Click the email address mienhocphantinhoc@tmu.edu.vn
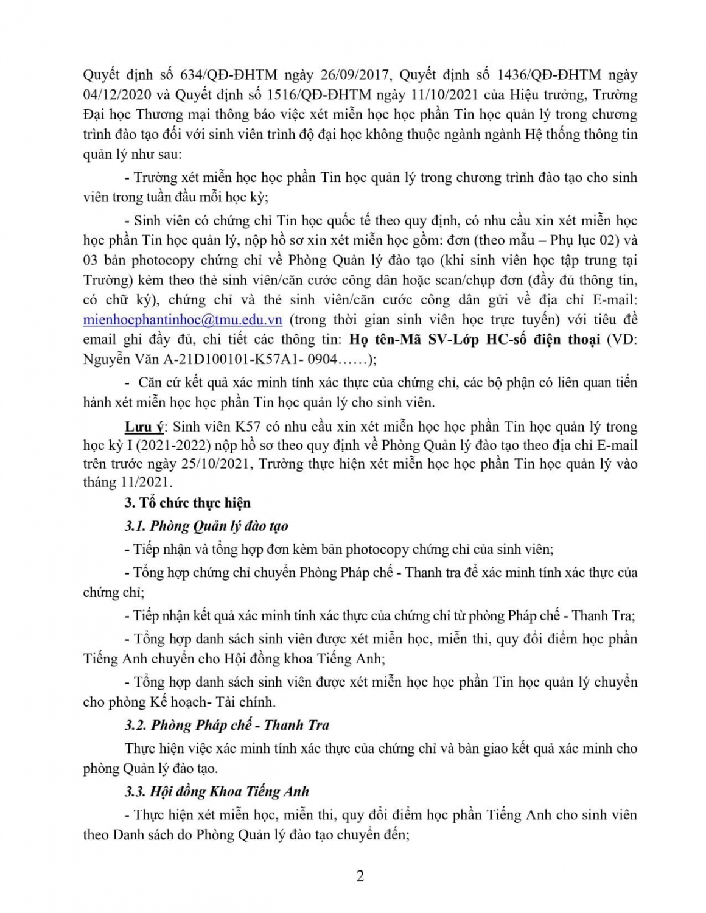click(x=183, y=320)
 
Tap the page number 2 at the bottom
click(x=360, y=876)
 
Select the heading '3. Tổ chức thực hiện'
click(x=187, y=503)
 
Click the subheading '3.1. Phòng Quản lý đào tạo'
click(x=206, y=526)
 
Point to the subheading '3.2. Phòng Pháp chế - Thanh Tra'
click(x=227, y=725)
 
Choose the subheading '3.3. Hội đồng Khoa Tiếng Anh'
click(x=217, y=791)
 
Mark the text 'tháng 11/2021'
click(x=127, y=483)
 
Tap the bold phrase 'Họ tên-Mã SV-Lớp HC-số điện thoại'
click(x=475, y=340)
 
